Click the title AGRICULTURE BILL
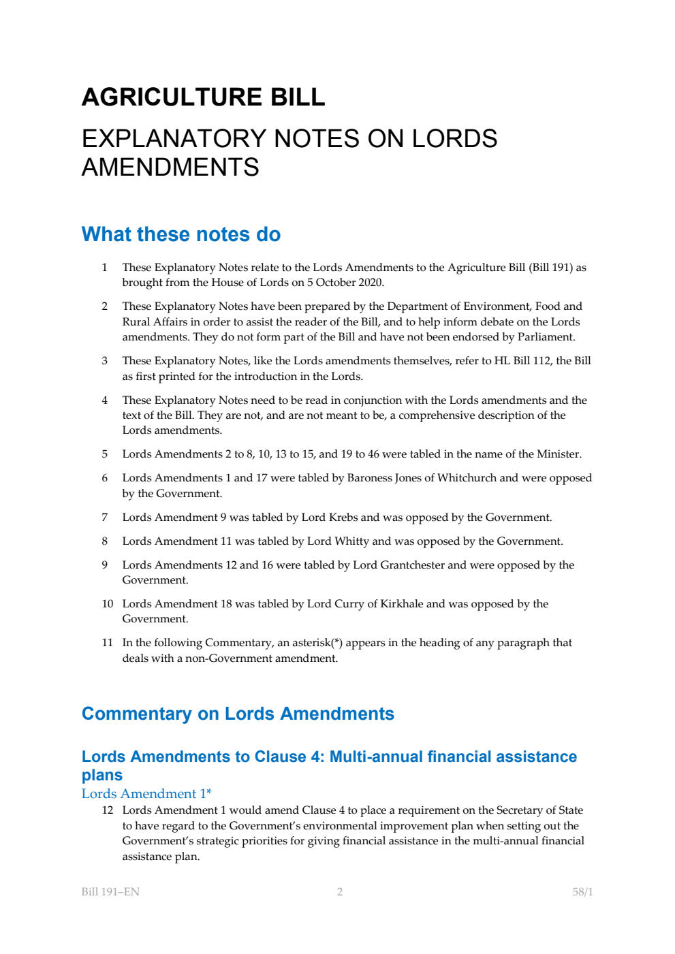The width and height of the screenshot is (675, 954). [x=203, y=97]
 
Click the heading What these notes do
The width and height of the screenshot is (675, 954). [x=180, y=234]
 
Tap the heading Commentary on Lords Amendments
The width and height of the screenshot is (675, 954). [x=238, y=714]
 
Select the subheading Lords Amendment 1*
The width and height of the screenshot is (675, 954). [x=146, y=793]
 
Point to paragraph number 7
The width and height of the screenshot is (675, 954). [x=105, y=518]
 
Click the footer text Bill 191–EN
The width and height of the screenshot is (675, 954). [x=110, y=892]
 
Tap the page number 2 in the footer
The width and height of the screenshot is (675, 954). [x=340, y=892]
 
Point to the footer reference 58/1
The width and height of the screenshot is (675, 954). [x=582, y=892]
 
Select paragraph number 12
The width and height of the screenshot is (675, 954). [x=108, y=810]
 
